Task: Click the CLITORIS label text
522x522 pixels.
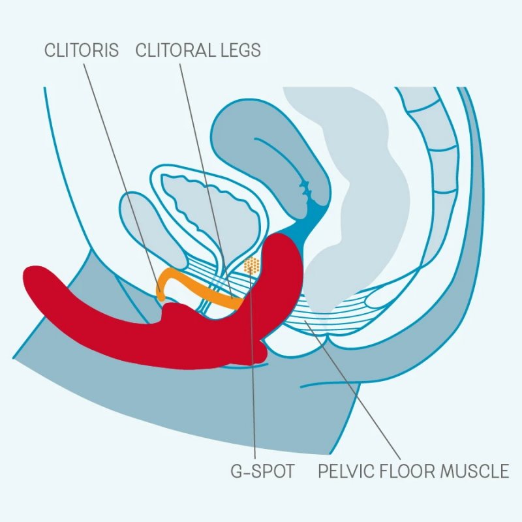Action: coord(82,50)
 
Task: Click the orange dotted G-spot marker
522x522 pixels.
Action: coord(252,265)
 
